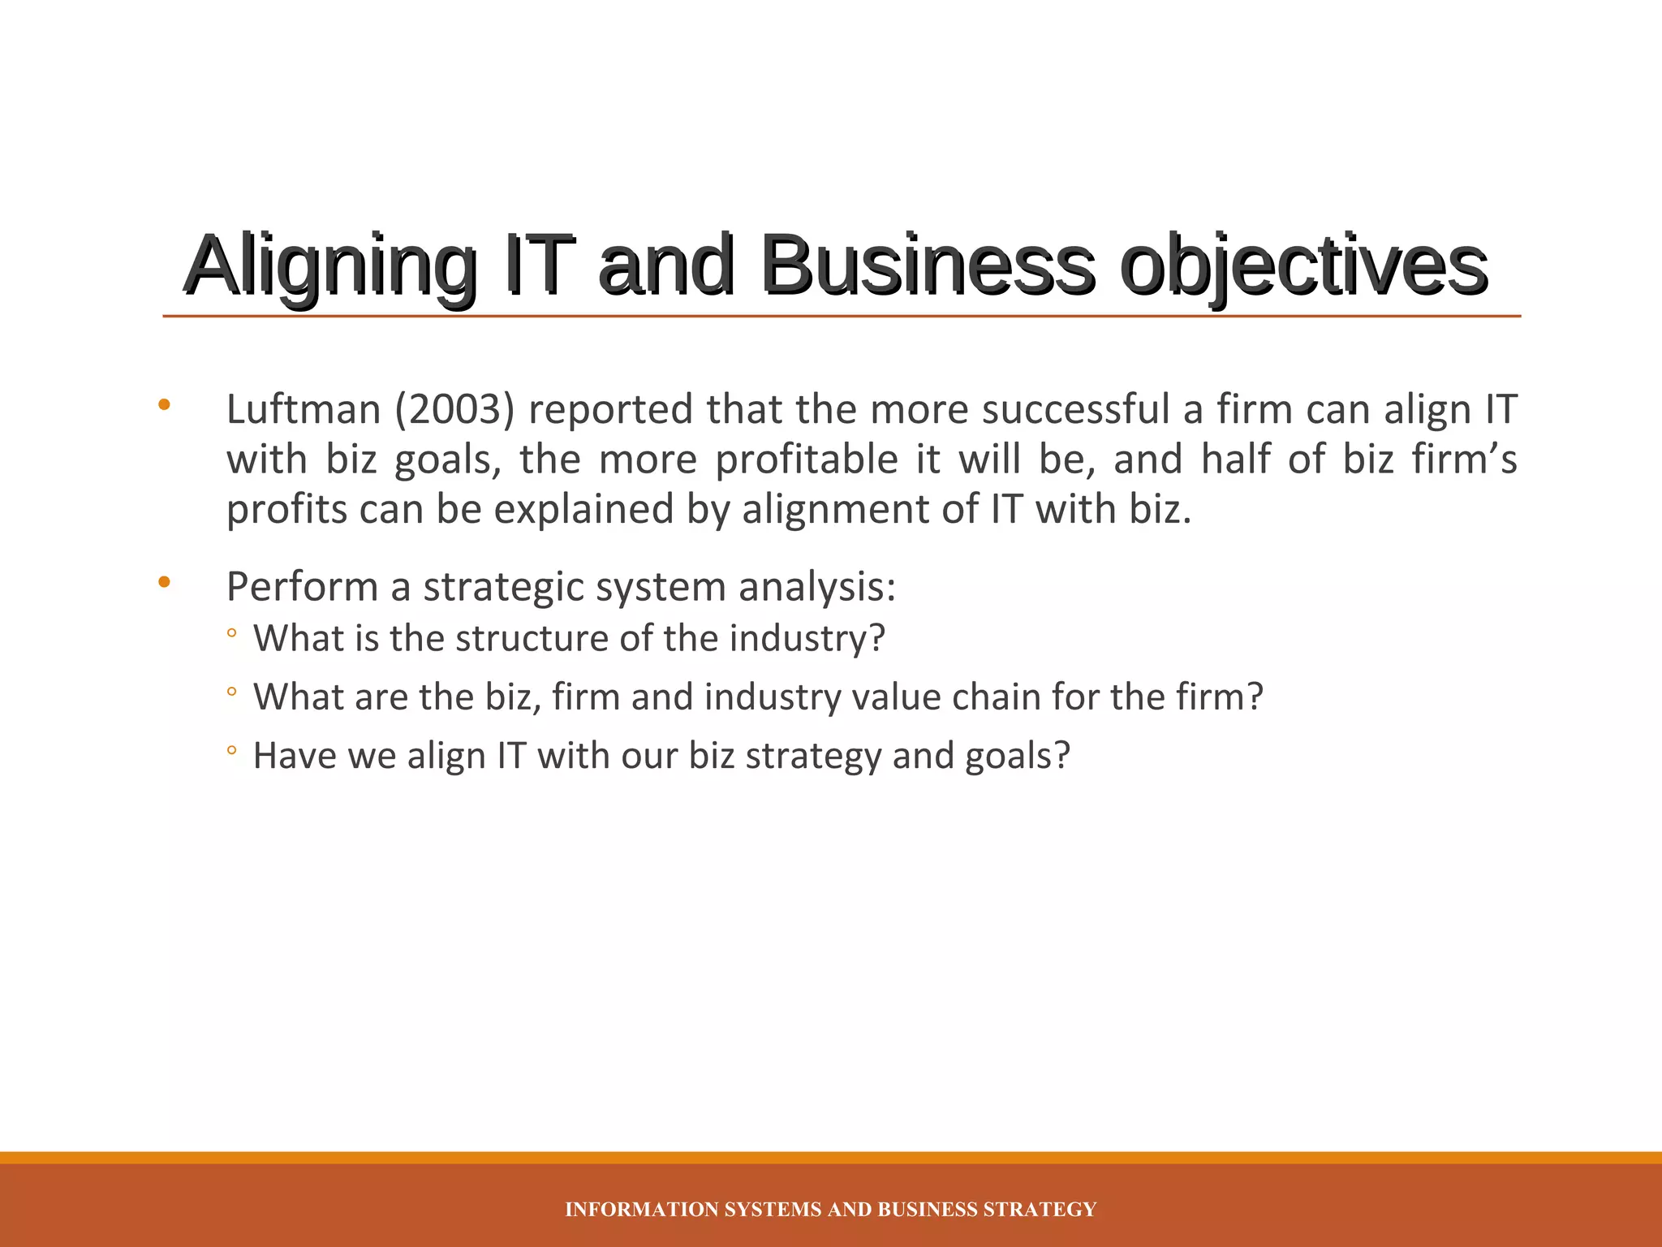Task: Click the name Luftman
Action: tap(304, 409)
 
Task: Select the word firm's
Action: tap(1464, 460)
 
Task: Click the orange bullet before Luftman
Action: tap(165, 404)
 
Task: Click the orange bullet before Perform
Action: tap(165, 581)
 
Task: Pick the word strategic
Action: tap(504, 587)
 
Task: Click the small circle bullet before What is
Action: tap(231, 633)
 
